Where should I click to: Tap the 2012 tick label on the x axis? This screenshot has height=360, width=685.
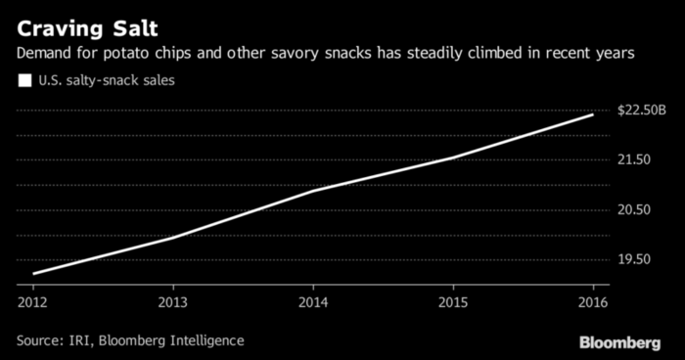(x=33, y=302)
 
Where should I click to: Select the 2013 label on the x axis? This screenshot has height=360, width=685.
(x=173, y=302)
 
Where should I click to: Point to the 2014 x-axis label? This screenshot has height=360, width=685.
(x=313, y=302)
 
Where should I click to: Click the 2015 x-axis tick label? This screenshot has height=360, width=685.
(x=453, y=302)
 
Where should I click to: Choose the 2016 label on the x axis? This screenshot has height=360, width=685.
(x=593, y=302)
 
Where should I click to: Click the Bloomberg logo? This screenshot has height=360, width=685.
(x=619, y=341)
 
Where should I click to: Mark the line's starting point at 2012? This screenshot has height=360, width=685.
(x=33, y=274)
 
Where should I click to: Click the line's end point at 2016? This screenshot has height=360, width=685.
(x=593, y=114)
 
